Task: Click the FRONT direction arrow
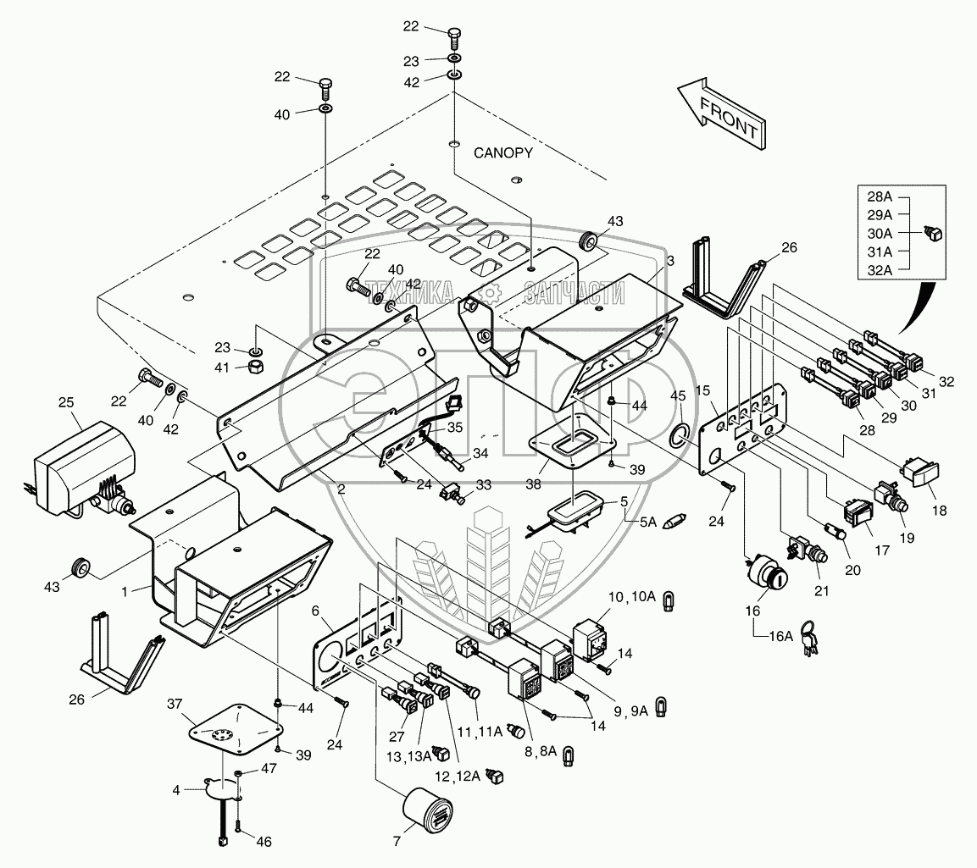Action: click(x=723, y=113)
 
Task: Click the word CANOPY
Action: click(x=502, y=153)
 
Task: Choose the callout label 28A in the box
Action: click(x=880, y=196)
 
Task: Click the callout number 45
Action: click(x=678, y=396)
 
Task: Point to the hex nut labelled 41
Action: click(x=255, y=366)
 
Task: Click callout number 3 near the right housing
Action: click(x=669, y=261)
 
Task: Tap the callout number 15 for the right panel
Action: click(x=702, y=390)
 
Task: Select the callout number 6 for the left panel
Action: click(x=315, y=611)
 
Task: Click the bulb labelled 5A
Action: click(x=674, y=519)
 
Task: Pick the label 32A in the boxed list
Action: click(x=880, y=271)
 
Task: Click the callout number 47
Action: click(x=269, y=768)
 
